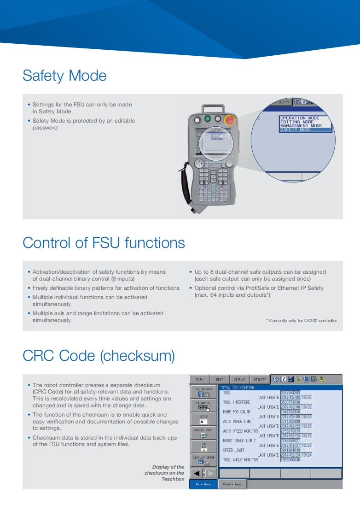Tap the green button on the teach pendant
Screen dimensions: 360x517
pyautogui.click(x=208, y=119)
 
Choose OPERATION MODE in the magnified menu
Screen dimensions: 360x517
pyautogui.click(x=299, y=118)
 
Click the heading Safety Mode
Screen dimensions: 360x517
pyautogui.click(x=64, y=76)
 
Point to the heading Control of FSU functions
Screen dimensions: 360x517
pyautogui.click(x=104, y=242)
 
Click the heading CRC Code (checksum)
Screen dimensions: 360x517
pyautogui.click(x=99, y=356)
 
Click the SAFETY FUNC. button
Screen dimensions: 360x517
pyautogui.click(x=203, y=433)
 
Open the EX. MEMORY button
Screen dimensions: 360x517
pyautogui.click(x=203, y=392)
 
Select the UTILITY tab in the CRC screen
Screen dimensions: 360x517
pyautogui.click(x=260, y=379)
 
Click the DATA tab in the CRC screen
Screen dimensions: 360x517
pyautogui.click(x=199, y=379)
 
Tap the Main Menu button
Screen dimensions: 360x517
pyautogui.click(x=203, y=484)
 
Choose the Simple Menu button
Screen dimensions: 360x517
pyautogui.click(x=232, y=484)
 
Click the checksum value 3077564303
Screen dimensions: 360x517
pyautogui.click(x=290, y=393)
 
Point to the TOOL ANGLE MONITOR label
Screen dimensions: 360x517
pyautogui.click(x=240, y=460)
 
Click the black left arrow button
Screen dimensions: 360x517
pyautogui.click(x=197, y=473)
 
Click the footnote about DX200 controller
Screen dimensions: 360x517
pyautogui.click(x=302, y=320)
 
